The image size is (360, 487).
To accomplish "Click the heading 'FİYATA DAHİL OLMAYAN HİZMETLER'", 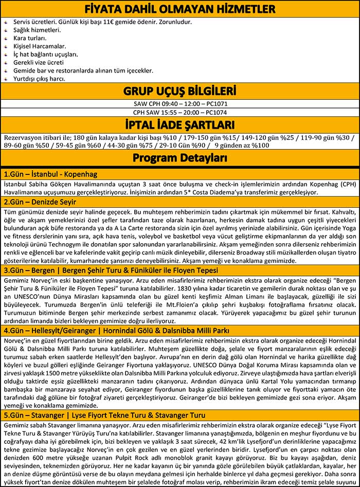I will (179, 9).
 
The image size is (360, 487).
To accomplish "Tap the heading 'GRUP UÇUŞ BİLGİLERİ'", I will (179, 92).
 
